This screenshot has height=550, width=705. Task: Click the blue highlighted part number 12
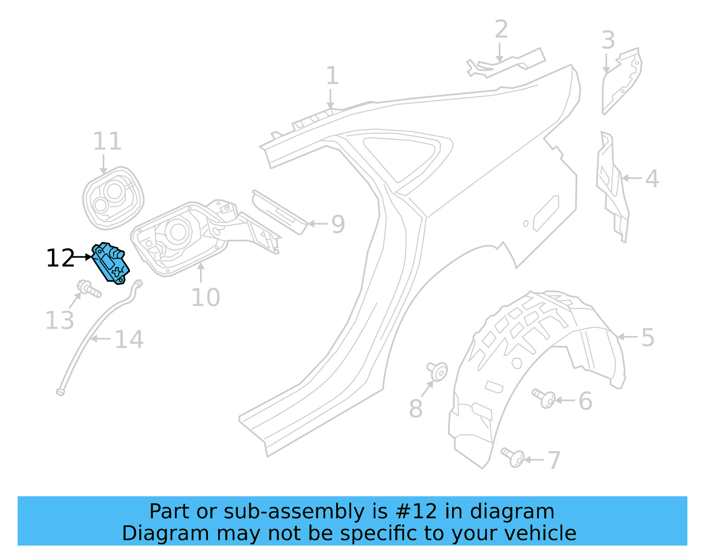pos(111,263)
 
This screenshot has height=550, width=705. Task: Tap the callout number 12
pos(60,258)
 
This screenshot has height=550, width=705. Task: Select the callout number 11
pos(107,141)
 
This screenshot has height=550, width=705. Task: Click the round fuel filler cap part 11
pos(113,197)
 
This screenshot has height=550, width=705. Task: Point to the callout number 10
pos(205,298)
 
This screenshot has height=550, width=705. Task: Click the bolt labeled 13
pos(89,289)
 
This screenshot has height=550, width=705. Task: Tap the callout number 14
pos(129,340)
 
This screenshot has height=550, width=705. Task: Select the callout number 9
pos(338,224)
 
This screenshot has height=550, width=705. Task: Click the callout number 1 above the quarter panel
pos(332,76)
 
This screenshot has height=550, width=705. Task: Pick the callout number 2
pos(501,30)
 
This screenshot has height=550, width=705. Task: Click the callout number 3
pos(608,41)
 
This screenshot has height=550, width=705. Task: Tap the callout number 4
pos(652,179)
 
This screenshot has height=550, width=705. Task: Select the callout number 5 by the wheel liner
pos(648,338)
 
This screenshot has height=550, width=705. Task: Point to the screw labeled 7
pos(513,457)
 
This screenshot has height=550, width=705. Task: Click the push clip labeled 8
pos(437,371)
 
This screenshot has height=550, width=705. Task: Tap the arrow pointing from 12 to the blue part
pos(83,257)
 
